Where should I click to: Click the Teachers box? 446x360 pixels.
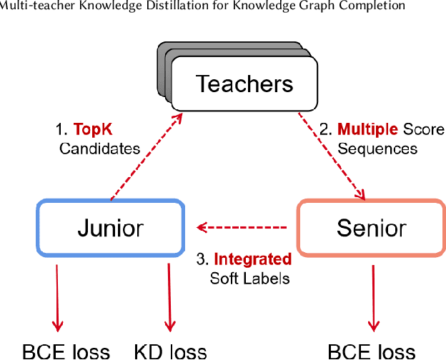[244, 84]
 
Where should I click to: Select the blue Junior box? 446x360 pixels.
[110, 228]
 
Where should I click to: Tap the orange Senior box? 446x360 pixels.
[371, 228]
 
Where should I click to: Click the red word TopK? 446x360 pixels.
[94, 130]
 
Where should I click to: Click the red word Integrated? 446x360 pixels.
[252, 259]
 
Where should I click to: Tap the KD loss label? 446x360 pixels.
[170, 351]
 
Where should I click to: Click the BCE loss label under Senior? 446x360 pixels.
[371, 351]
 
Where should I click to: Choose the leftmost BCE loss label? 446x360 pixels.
[66, 351]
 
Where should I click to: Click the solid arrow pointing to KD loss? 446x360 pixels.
[169, 296]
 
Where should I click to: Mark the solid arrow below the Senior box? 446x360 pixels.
[372, 296]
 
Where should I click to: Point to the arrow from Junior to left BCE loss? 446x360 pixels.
[56, 296]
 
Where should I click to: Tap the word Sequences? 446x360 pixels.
[377, 149]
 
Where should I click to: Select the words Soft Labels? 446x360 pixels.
[249, 278]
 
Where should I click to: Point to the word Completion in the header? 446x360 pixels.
[372, 6]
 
